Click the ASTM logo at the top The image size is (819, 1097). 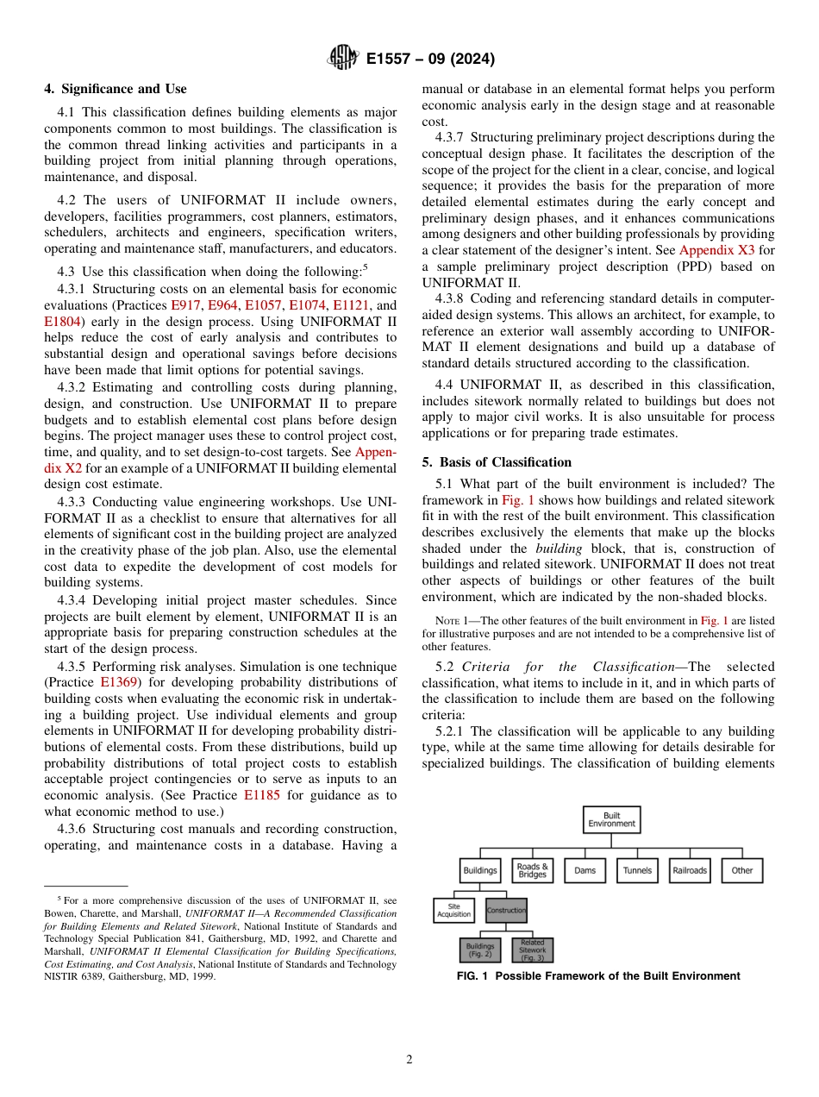tap(343, 59)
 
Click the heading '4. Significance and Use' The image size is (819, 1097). tap(115, 89)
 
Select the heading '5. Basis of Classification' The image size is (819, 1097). tap(496, 462)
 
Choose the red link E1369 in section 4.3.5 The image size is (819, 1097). tap(120, 682)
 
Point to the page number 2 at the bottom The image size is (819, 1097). tap(409, 1060)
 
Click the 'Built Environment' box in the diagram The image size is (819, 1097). tap(611, 819)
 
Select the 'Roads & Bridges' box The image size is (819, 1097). tap(532, 870)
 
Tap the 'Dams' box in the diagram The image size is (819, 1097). tap(585, 870)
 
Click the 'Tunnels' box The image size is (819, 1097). tap(637, 870)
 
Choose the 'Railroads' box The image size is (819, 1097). tap(689, 870)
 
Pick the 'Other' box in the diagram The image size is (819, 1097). tap(741, 870)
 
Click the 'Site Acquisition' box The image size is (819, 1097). tap(453, 911)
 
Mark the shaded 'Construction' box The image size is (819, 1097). tap(506, 911)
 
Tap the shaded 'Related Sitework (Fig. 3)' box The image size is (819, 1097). tap(532, 950)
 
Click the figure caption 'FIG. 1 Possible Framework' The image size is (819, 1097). tap(597, 976)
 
